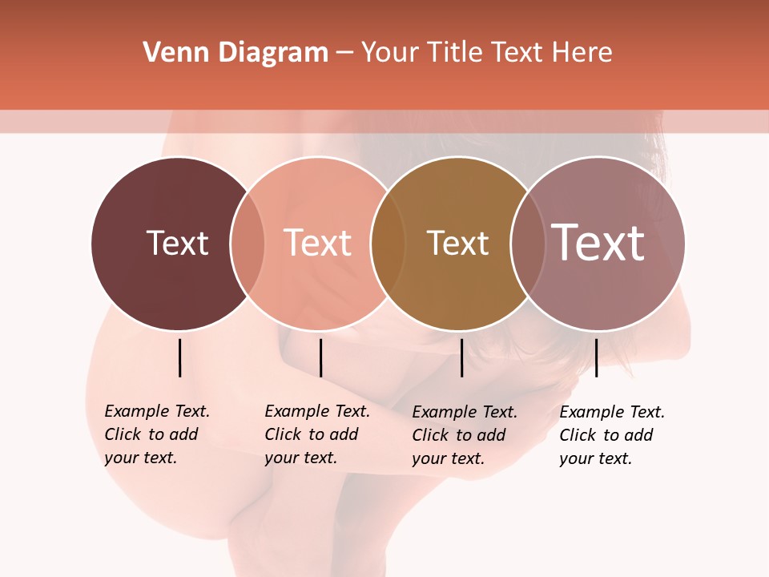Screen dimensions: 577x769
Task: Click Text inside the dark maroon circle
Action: [x=177, y=243]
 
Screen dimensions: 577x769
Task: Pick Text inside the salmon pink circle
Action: [x=317, y=243]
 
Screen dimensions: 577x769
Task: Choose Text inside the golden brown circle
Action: [x=457, y=243]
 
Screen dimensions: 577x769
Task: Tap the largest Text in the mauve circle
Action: [x=598, y=242]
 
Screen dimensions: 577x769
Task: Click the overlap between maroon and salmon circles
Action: [x=248, y=244]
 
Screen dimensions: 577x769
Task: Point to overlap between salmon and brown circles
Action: [x=388, y=244]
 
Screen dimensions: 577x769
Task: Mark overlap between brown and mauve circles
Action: [x=527, y=244]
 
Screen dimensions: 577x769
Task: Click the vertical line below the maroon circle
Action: [x=179, y=357]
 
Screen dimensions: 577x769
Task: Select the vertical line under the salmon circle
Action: [x=320, y=357]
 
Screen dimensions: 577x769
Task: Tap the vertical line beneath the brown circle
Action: [x=461, y=357]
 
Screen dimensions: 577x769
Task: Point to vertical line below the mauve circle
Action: [x=596, y=357]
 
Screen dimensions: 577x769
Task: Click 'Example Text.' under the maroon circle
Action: [x=157, y=411]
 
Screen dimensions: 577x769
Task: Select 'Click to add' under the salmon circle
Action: [x=311, y=434]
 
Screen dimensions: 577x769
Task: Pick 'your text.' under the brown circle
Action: [x=449, y=458]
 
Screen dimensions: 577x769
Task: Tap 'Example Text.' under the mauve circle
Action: [x=612, y=412]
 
